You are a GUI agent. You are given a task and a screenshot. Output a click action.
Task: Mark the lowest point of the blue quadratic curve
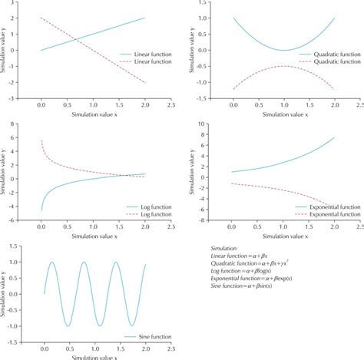coord(283,50)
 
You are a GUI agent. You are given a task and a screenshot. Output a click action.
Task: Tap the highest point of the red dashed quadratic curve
coord(283,66)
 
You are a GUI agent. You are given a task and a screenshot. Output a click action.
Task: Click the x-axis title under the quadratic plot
coord(283,114)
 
